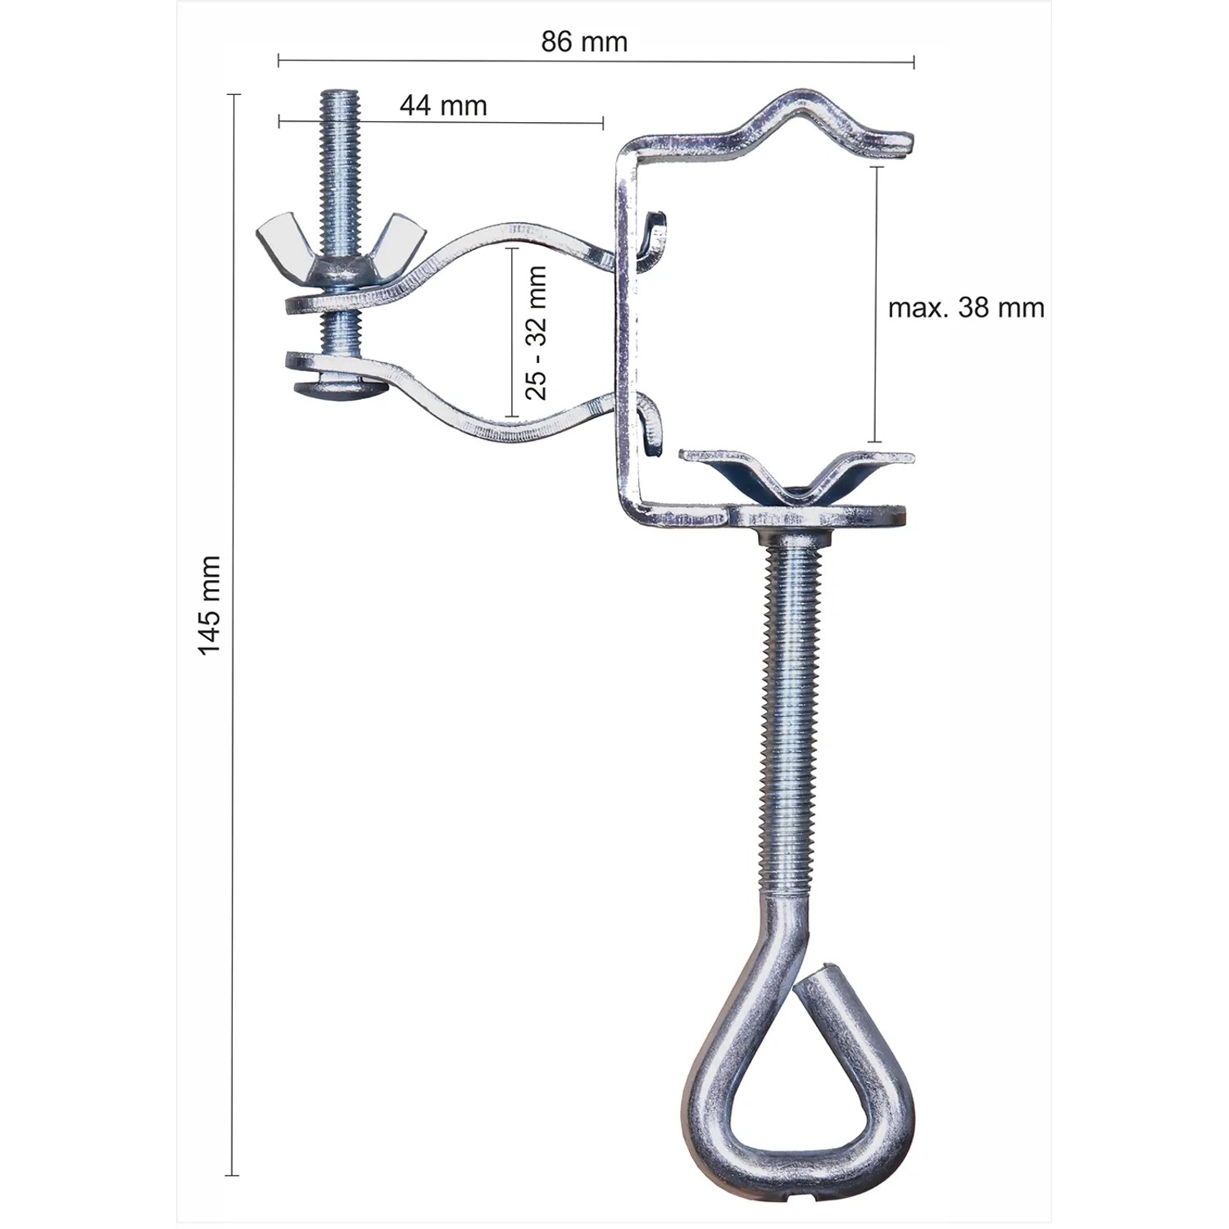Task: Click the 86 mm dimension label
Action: point(584,42)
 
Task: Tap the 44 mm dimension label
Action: point(443,106)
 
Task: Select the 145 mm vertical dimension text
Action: point(210,605)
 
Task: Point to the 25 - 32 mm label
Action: point(536,333)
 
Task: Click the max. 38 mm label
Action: point(966,308)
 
